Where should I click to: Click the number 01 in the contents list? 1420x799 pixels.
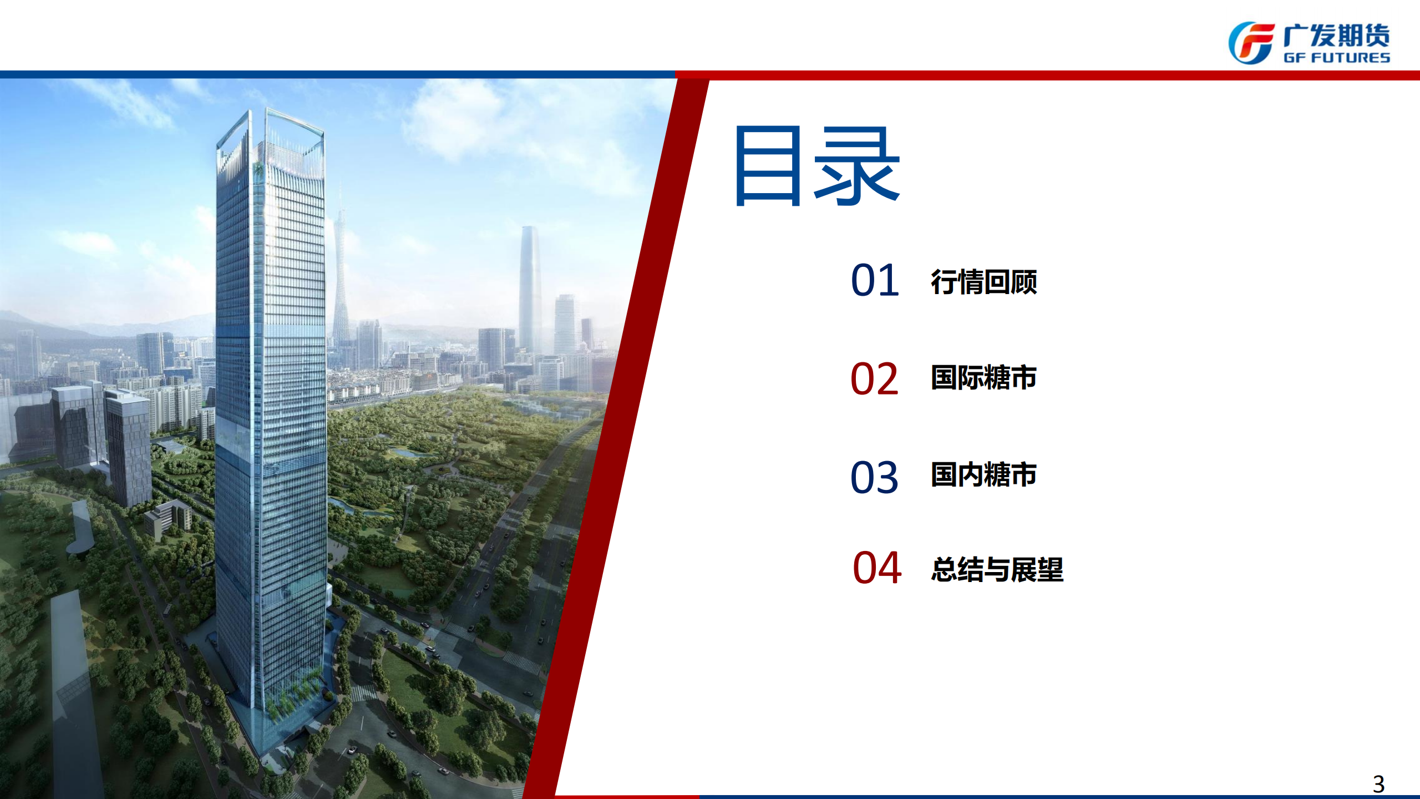pyautogui.click(x=875, y=280)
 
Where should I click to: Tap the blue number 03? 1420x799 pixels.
pyautogui.click(x=875, y=477)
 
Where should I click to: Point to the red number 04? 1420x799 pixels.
pyautogui.click(x=877, y=568)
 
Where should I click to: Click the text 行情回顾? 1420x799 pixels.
pyautogui.click(x=984, y=282)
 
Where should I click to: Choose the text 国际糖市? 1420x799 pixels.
pyautogui.click(x=984, y=377)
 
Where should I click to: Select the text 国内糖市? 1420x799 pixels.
pyautogui.click(x=984, y=474)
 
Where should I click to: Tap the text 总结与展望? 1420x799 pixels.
pyautogui.click(x=997, y=569)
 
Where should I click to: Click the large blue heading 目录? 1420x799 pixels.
pyautogui.click(x=816, y=166)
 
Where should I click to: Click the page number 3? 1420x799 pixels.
pyautogui.click(x=1379, y=784)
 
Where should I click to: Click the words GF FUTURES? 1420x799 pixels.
pyautogui.click(x=1337, y=58)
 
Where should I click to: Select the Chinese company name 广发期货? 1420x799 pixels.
pyautogui.click(x=1337, y=36)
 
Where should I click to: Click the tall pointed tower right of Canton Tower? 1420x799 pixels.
pyautogui.click(x=530, y=289)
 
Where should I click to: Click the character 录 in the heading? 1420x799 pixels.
pyautogui.click(x=857, y=166)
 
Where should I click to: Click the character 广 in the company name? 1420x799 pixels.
pyautogui.click(x=1296, y=36)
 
